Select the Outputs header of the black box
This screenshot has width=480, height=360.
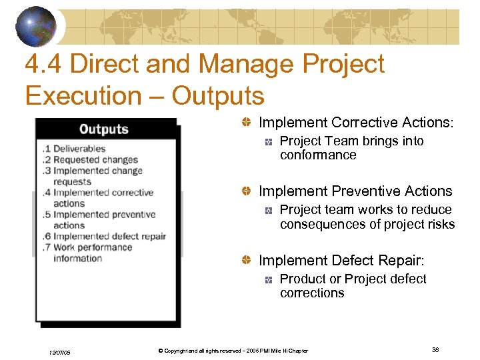tap(103, 129)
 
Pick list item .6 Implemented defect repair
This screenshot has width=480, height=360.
tap(103, 236)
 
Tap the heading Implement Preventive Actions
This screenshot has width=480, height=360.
tap(355, 191)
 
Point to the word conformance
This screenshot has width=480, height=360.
tap(318, 155)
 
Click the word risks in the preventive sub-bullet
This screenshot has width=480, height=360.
tap(439, 224)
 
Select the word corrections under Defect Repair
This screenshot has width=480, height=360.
tap(312, 293)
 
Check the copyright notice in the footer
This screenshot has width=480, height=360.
tap(229, 351)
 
